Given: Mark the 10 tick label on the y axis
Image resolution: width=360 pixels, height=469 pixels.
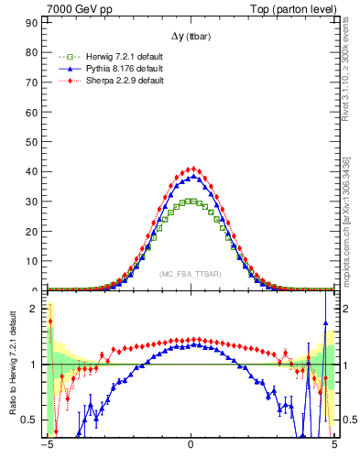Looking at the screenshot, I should tap(34, 261).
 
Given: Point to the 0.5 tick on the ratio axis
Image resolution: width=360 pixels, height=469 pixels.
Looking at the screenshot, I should tap(33, 420).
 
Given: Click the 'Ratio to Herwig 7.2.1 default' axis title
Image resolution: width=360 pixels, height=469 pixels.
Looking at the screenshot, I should tap(12, 364).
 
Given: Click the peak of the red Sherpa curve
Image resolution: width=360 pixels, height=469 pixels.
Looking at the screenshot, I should tap(191, 169).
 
